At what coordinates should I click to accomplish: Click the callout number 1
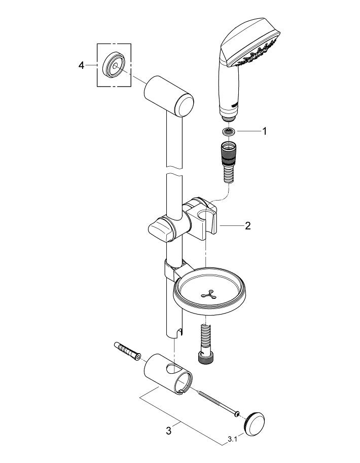pyautogui.click(x=264, y=131)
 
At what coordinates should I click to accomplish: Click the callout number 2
pyautogui.click(x=247, y=226)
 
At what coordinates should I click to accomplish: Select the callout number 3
pyautogui.click(x=169, y=431)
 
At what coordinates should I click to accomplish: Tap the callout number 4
pyautogui.click(x=82, y=65)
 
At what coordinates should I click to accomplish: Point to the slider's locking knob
pyautogui.click(x=161, y=230)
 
